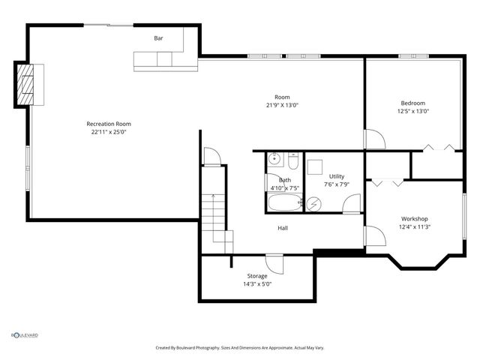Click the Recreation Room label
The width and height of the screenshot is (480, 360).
(x=109, y=124)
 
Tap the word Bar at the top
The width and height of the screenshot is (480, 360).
(x=158, y=38)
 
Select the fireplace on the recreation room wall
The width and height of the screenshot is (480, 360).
(x=28, y=83)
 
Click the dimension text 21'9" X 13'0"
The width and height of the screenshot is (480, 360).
(x=282, y=106)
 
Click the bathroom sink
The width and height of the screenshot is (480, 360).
(x=274, y=159)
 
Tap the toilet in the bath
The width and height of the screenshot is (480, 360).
(x=294, y=160)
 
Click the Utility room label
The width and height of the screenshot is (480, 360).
(x=336, y=176)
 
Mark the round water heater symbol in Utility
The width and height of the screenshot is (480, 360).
(x=301, y=202)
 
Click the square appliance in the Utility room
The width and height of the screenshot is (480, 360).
(x=315, y=166)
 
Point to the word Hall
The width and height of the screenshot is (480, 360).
(x=283, y=228)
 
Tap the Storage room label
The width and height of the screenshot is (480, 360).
(x=257, y=276)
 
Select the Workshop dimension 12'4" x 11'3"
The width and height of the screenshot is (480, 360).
(x=414, y=226)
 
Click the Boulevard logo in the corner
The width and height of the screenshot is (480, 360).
(x=24, y=335)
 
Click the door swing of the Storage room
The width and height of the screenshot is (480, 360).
(x=274, y=264)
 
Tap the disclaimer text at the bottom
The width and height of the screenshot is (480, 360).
(x=240, y=347)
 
